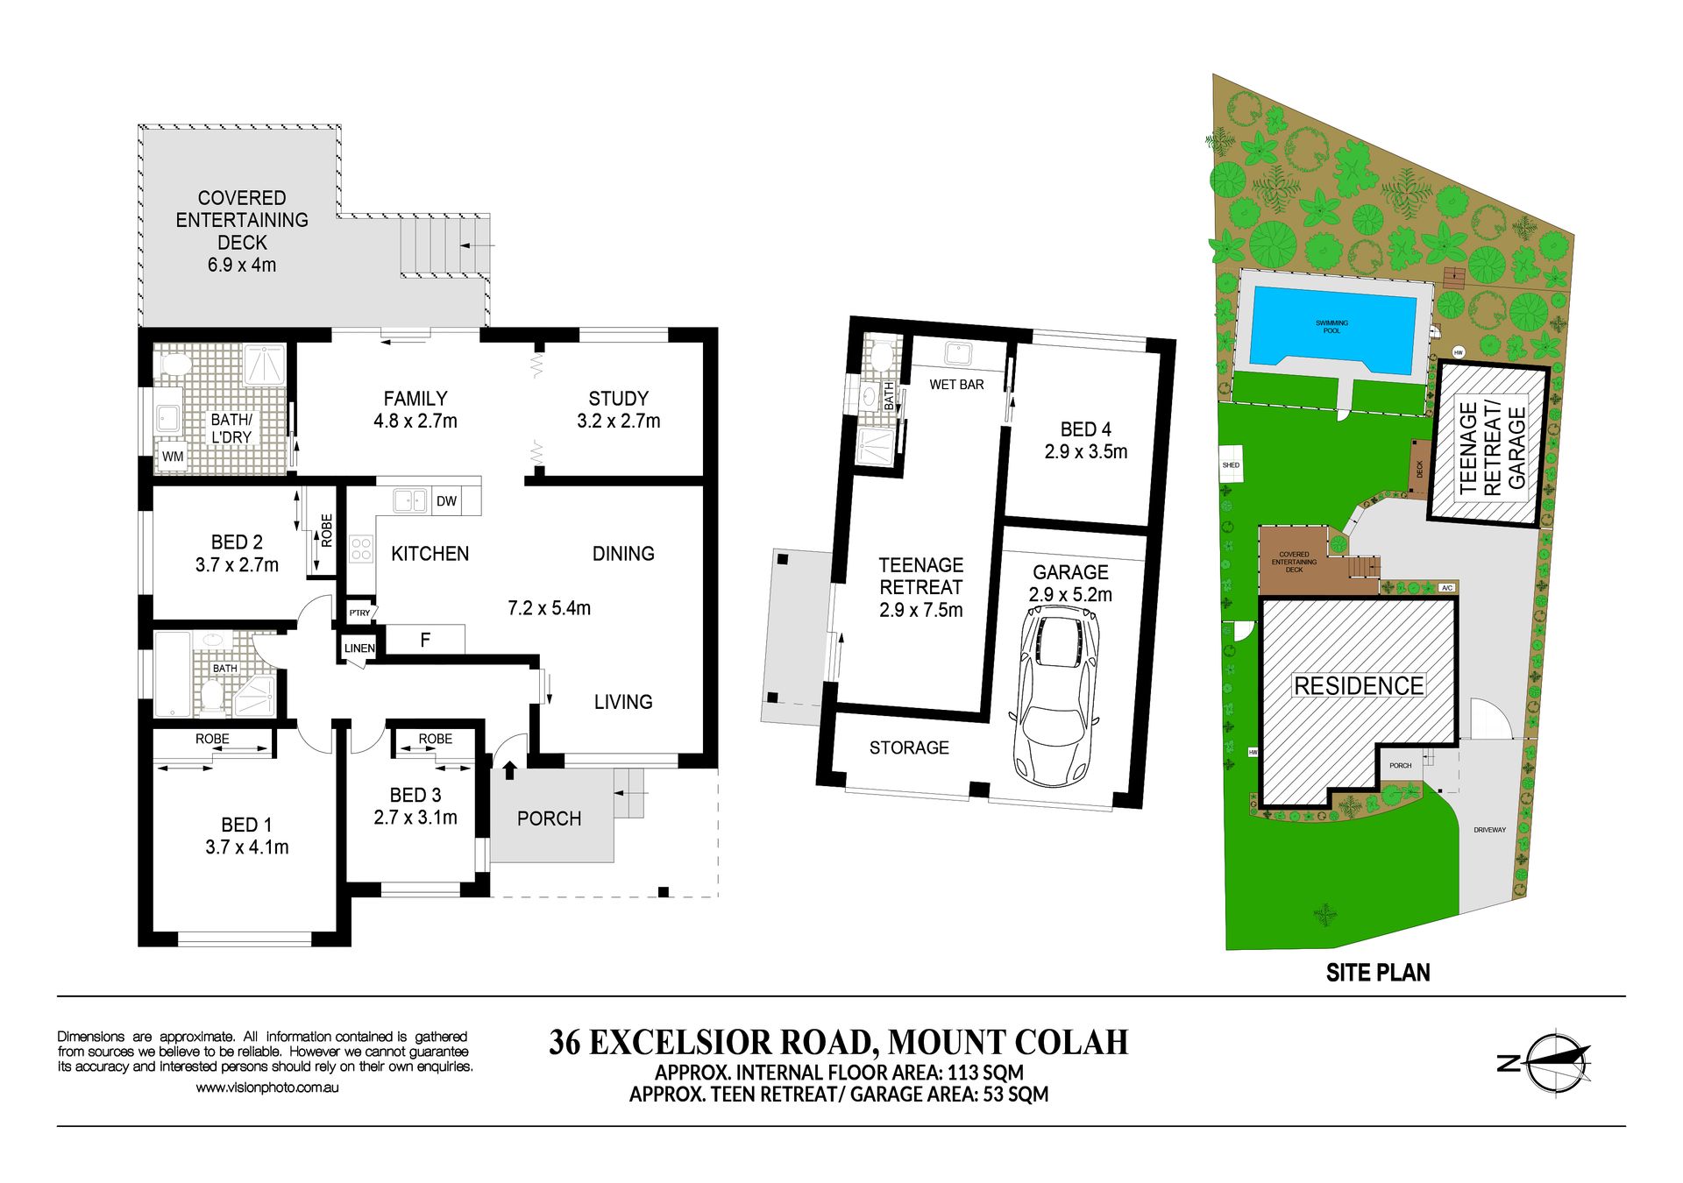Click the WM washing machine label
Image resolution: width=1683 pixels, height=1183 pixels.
pos(173,457)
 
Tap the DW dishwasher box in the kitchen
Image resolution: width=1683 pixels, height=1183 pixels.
pos(447,501)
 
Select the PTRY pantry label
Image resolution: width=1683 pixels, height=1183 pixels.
pos(359,613)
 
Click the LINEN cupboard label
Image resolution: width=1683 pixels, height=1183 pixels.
pos(359,648)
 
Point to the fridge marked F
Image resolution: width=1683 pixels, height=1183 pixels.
pos(425,640)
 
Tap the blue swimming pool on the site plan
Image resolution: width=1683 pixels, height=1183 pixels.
pos(1331,326)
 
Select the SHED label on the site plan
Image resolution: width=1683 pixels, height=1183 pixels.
pos(1231,465)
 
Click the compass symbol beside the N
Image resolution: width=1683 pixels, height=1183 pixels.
pos(1558,1062)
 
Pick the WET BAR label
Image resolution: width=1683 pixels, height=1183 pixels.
pos(956,385)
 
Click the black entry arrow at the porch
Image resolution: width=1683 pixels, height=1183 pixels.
pos(509,770)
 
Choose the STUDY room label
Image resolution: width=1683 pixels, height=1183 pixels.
pos(618,399)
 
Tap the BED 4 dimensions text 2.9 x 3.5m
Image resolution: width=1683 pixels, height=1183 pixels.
pos(1086,452)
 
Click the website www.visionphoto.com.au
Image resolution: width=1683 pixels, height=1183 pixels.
pos(267,1087)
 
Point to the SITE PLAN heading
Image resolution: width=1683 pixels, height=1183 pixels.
pos(1378,973)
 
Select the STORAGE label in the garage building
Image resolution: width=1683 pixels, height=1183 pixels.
pos(909,747)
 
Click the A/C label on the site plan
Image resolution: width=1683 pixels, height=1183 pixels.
pos(1446,588)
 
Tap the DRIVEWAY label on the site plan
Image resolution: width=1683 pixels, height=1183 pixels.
pos(1489,830)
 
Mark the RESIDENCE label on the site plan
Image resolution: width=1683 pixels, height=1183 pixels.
pos(1359,686)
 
